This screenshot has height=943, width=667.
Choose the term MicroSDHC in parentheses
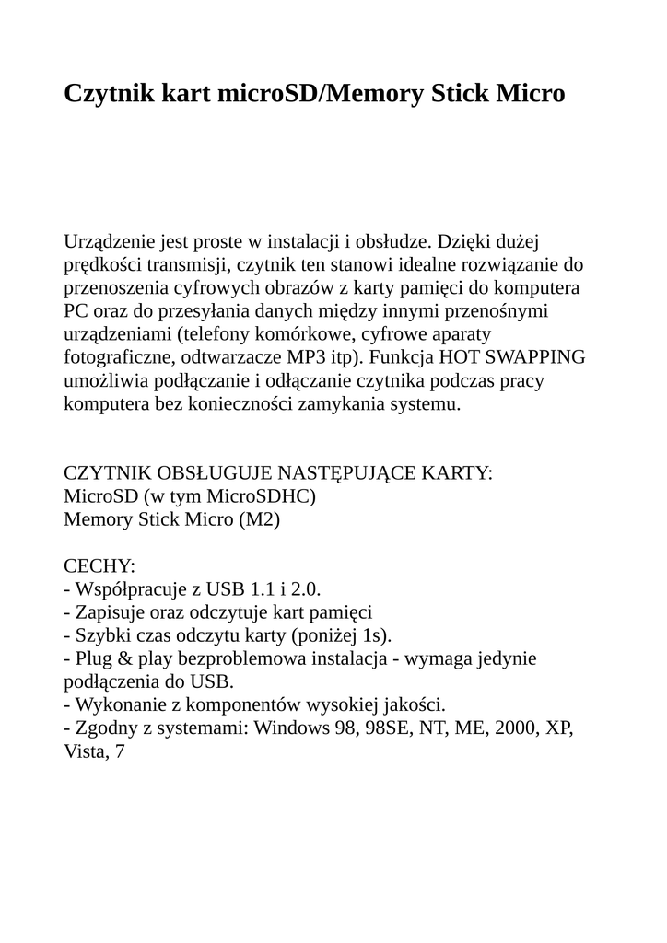point(263,497)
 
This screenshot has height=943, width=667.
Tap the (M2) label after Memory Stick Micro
point(259,520)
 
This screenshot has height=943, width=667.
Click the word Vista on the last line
point(83,752)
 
